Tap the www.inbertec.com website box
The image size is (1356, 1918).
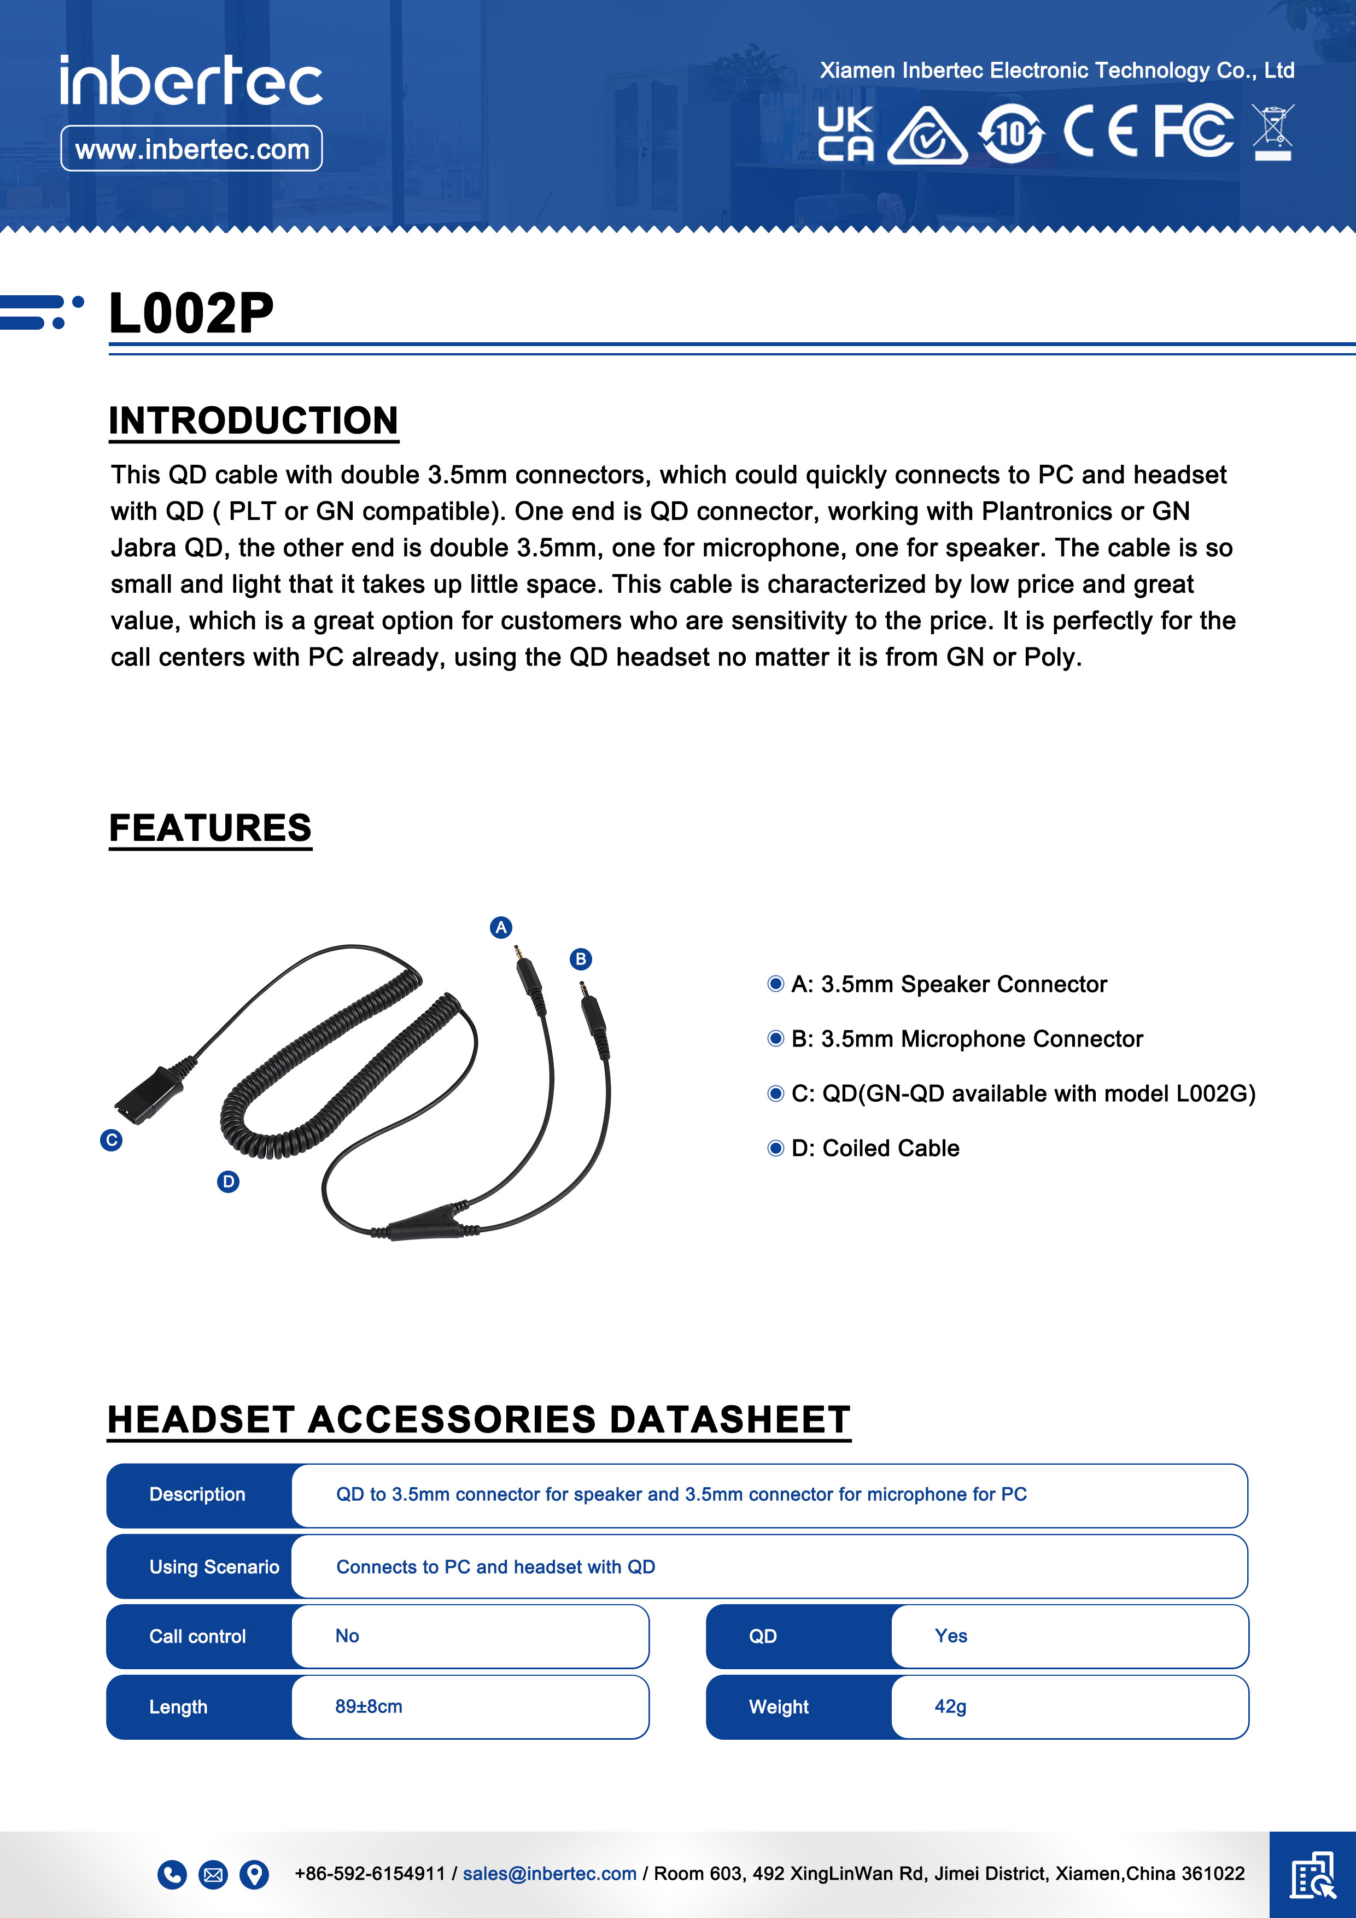[x=191, y=149]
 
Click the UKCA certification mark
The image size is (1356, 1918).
[x=845, y=133]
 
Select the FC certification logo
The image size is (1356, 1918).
[x=1193, y=131]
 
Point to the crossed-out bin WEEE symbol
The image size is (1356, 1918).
[x=1272, y=132]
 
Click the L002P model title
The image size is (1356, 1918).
[x=190, y=313]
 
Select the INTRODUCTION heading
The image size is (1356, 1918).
[x=253, y=420]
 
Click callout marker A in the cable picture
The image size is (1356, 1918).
[x=500, y=927]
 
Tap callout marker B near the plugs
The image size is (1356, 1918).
[x=581, y=959]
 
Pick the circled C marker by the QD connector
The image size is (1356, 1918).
[x=111, y=1141]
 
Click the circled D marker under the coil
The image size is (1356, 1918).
[x=228, y=1181]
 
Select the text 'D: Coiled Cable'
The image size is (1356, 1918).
[x=875, y=1149]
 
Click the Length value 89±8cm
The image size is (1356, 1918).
[x=369, y=1706]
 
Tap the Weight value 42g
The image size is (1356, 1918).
[x=950, y=1706]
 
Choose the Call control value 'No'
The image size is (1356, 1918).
[x=347, y=1636]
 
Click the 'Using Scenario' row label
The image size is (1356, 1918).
[x=214, y=1567]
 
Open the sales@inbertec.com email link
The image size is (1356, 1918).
[x=549, y=1874]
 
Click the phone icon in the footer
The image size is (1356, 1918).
[x=172, y=1875]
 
